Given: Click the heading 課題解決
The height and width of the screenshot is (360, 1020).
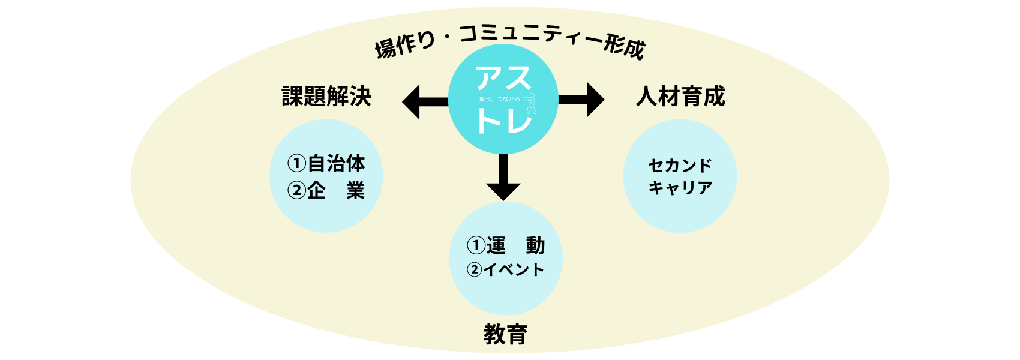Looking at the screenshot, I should pos(326,97).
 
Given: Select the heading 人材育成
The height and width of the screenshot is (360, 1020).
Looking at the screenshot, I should pos(680,97).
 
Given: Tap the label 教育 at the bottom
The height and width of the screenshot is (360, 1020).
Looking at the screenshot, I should pos(505,334).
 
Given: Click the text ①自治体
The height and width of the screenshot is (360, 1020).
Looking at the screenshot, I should pos(326,163).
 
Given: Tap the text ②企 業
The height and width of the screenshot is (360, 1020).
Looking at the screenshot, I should pos(326,191).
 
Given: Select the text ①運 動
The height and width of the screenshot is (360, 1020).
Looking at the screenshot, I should pos(506,245).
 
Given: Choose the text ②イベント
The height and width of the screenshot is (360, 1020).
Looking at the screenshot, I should pos(506,270).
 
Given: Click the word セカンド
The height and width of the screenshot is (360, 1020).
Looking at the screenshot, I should pos(680,165).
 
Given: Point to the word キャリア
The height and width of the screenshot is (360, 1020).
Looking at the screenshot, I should pos(680,188).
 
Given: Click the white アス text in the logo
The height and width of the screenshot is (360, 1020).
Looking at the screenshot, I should pos(503,78).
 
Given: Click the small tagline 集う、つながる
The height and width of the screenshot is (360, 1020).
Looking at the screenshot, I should pos(499,99).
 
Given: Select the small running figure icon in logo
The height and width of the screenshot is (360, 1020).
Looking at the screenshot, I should pos(530,103).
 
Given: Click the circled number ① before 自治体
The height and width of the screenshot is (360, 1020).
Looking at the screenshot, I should pos(296,163).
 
